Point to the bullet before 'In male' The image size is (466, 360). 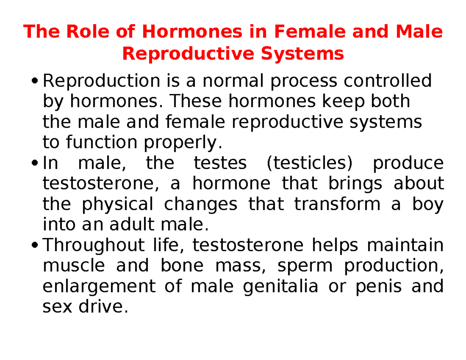pyautogui.click(x=36, y=163)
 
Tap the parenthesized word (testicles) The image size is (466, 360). pyautogui.click(x=309, y=163)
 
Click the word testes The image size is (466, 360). pyautogui.click(x=220, y=163)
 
